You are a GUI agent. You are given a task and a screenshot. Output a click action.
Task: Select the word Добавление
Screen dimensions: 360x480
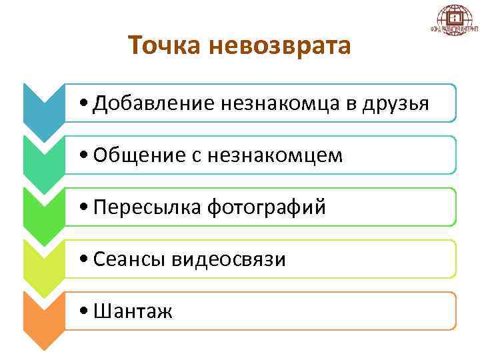pos(153,103)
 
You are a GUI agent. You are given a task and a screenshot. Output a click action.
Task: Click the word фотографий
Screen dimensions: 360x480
pos(267,207)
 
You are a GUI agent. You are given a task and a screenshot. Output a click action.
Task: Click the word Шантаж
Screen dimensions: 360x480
pos(133,311)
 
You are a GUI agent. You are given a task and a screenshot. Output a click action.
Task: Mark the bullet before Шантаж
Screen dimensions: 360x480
pos(81,311)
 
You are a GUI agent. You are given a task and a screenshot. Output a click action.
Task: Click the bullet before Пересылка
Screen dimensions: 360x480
pos(81,208)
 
